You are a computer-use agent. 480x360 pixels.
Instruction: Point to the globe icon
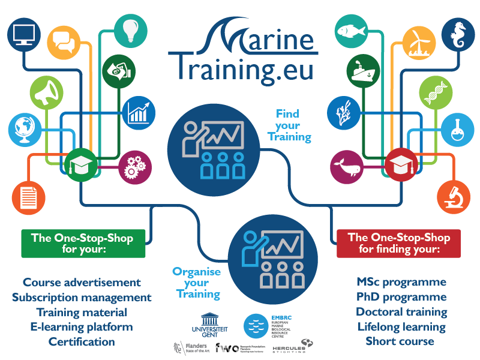click(25, 128)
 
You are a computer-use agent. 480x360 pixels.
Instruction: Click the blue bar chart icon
click(139, 112)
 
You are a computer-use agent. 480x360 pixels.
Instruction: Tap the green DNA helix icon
click(434, 92)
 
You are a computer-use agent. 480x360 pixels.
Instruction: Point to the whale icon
click(346, 167)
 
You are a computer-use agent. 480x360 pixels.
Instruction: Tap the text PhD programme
click(401, 297)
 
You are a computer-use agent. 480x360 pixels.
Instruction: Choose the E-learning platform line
click(82, 327)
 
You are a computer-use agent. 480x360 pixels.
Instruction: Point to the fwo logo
click(227, 347)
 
